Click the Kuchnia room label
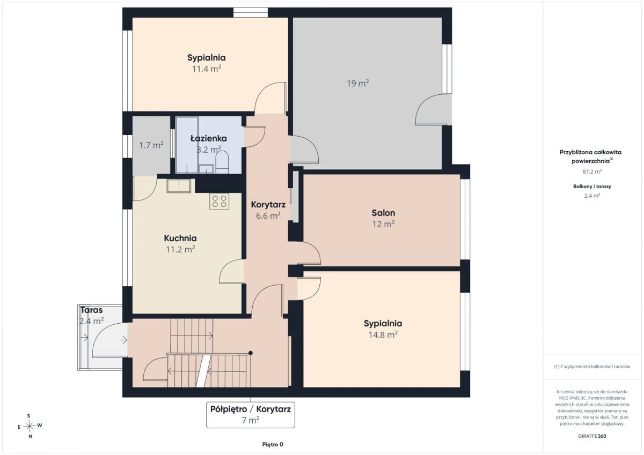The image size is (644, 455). click(180, 238)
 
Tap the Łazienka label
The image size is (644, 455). click(209, 138)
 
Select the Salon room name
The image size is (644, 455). click(383, 213)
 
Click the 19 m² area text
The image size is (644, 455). click(357, 83)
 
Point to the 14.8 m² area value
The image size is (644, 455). click(383, 334)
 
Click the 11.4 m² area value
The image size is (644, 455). click(207, 69)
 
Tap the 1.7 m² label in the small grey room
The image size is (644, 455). click(151, 145)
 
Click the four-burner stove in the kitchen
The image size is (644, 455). click(219, 201)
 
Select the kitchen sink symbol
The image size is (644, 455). click(179, 186)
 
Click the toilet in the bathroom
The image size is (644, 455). click(222, 162)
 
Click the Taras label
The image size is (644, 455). click(91, 310)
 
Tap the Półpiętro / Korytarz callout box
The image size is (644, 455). click(251, 415)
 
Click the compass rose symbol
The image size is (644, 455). click(30, 426)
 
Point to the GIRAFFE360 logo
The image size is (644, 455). click(592, 436)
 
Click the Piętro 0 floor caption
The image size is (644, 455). click(273, 444)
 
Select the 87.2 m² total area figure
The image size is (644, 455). click(592, 171)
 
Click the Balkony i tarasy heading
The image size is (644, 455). click(592, 187)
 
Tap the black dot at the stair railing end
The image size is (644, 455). click(251, 353)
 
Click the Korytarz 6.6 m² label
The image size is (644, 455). click(268, 210)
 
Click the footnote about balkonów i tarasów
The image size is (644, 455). click(592, 367)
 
